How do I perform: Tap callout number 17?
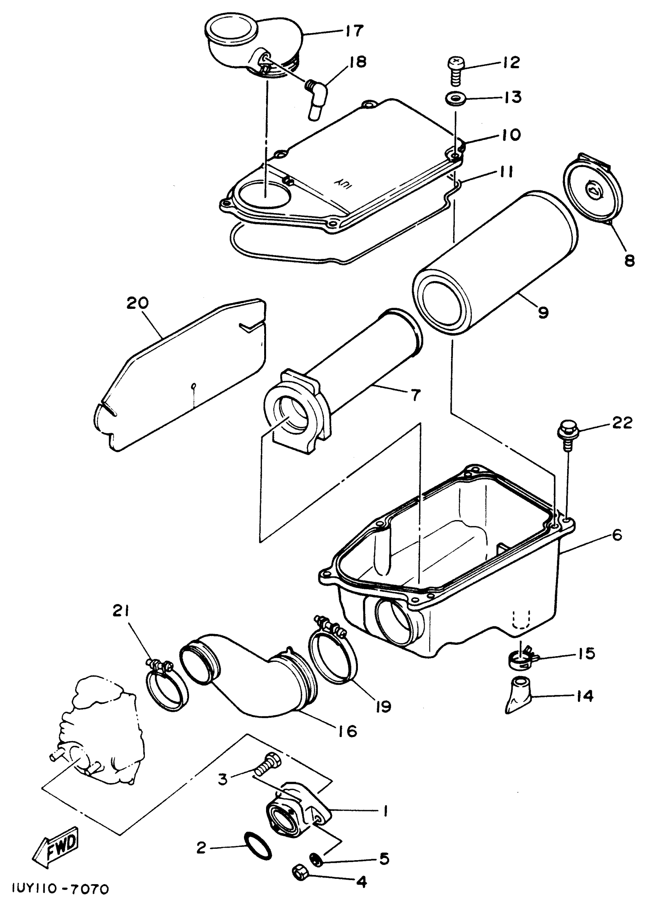[353, 31]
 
